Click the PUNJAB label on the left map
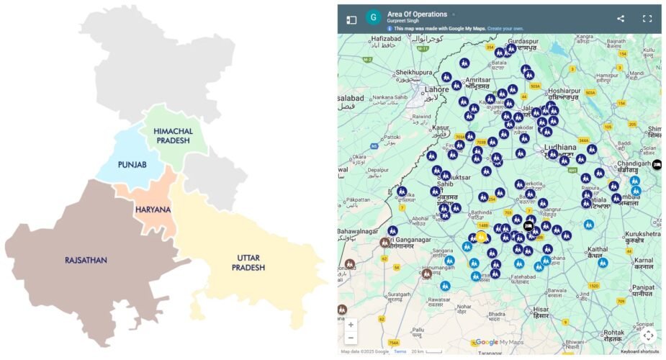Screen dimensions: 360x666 pos(132,165)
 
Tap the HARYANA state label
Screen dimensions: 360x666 pos(153,210)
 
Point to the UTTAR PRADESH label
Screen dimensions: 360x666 pos(248,263)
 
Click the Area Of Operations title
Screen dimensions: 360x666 pos(417,14)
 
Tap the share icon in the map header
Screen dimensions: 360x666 pos(621,19)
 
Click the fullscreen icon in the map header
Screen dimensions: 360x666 pos(647,19)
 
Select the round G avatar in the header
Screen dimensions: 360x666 pos(373,18)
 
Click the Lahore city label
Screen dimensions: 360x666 pos(436,90)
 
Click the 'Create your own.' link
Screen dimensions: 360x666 pos(505,29)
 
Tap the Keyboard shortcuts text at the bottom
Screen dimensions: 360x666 pos(640,351)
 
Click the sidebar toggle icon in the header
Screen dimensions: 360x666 pos(351,19)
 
